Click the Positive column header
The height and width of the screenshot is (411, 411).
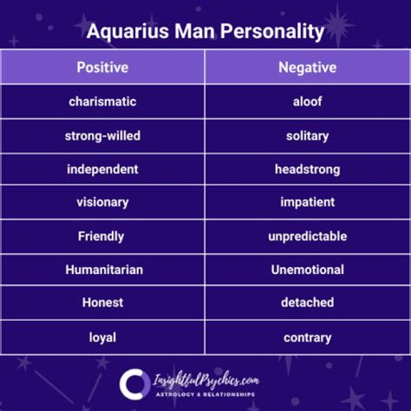(x=103, y=67)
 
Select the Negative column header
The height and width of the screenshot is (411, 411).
(x=307, y=67)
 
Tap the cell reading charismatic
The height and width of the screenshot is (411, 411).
(x=103, y=102)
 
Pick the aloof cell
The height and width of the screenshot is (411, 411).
(x=307, y=102)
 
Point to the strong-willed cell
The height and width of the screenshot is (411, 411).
(x=103, y=136)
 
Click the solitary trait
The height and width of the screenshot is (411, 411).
(x=307, y=136)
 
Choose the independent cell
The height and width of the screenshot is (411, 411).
(x=103, y=169)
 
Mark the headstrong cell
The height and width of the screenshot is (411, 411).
(x=307, y=169)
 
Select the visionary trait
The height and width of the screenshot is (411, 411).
(x=103, y=202)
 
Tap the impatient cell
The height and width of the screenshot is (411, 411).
(x=307, y=202)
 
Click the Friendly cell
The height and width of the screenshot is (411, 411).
(x=103, y=236)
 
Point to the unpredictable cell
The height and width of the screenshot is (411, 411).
(x=307, y=236)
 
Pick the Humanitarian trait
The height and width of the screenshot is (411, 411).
(x=103, y=269)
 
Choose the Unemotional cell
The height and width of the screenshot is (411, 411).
(x=307, y=269)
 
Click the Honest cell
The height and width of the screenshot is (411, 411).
(x=103, y=303)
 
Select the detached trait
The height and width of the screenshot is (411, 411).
(x=307, y=303)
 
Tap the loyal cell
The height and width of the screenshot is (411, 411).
(x=103, y=337)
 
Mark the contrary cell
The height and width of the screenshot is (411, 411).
(x=307, y=337)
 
